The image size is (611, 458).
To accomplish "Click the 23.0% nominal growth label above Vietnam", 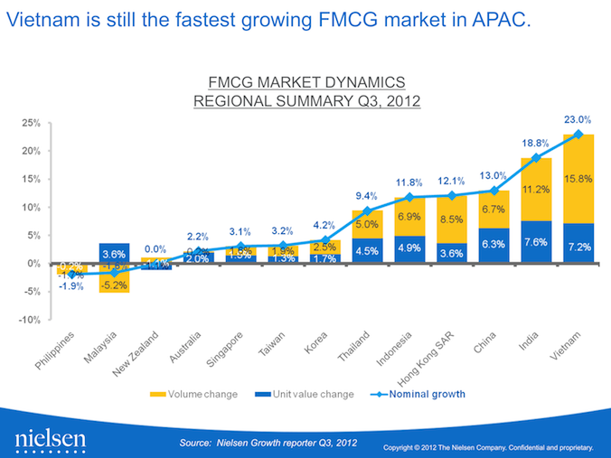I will (578, 119).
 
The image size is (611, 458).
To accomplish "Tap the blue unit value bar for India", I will (535, 242).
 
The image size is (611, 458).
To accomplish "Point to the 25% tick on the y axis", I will (31, 122).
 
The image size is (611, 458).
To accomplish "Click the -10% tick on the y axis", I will (30, 320).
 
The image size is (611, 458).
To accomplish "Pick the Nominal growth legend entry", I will (425, 394).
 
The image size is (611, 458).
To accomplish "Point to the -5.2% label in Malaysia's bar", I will (115, 284).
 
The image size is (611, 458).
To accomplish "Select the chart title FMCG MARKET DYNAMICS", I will (307, 82).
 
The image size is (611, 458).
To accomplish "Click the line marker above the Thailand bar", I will (367, 210).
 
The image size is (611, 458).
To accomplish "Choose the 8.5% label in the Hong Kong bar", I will (451, 219).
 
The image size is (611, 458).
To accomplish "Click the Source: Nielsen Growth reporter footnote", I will (268, 442).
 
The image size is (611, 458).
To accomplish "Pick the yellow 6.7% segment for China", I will (493, 210).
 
